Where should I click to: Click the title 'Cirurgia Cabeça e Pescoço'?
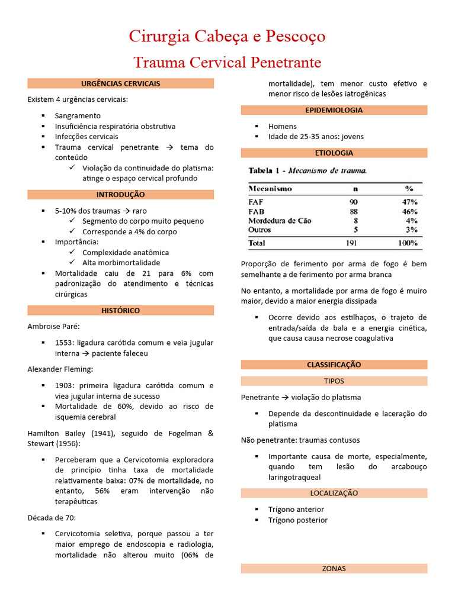227,37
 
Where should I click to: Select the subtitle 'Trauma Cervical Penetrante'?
227,62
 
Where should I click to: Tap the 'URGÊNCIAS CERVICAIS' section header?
120,83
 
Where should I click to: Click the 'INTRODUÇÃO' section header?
120,195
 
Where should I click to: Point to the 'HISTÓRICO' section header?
120,310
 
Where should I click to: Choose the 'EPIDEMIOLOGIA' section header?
334,110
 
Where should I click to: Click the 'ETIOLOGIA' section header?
334,153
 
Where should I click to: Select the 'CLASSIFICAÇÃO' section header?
334,365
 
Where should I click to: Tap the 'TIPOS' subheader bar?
334,381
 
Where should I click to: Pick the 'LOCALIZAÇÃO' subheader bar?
334,493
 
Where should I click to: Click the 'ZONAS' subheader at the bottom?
334,568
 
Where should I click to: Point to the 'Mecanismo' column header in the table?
270,189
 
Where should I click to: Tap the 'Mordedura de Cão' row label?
280,221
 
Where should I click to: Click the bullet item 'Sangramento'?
78,116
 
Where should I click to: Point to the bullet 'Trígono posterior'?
298,520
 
